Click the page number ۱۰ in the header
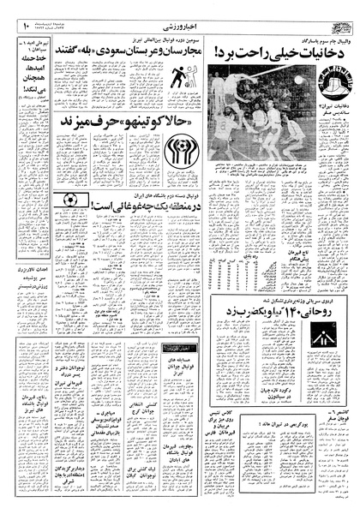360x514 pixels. point(26,15)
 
